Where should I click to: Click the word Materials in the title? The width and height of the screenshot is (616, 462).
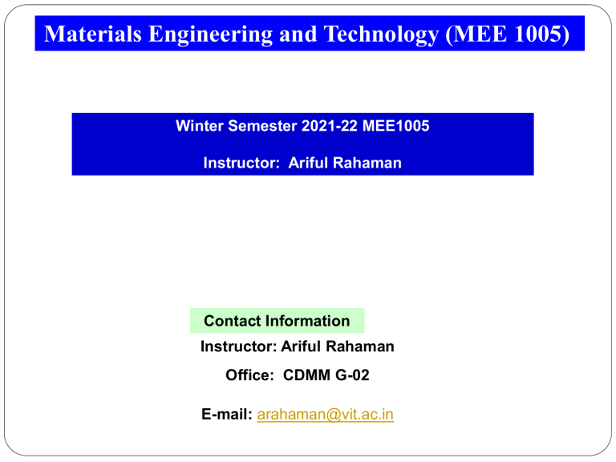click(93, 34)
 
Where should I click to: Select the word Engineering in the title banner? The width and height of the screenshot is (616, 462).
click(210, 34)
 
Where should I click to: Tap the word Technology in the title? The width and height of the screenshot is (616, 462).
click(381, 34)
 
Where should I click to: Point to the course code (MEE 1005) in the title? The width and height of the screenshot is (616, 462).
click(508, 34)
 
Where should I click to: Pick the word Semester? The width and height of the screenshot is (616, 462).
click(262, 126)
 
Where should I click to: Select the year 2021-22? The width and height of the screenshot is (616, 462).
click(329, 126)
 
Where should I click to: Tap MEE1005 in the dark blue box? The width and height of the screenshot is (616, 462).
click(395, 126)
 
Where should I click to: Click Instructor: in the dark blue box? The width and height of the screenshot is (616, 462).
click(241, 163)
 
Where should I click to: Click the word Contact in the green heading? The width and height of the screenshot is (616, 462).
click(232, 321)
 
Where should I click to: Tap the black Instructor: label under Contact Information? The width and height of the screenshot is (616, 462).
click(238, 346)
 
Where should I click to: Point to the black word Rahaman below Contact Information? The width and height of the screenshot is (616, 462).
click(360, 346)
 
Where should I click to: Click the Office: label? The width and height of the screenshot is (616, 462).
click(250, 375)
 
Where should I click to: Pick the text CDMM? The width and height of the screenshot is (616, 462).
click(307, 375)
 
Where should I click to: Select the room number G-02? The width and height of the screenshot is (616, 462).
click(352, 375)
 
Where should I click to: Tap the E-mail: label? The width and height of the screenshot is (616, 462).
click(227, 415)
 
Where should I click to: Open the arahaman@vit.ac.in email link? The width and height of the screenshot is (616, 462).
click(326, 415)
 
